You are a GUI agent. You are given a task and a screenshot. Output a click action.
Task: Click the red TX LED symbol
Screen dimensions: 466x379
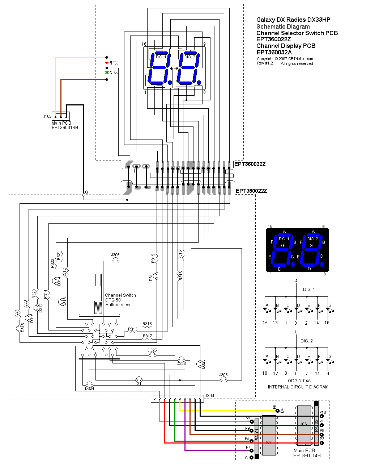[107, 63]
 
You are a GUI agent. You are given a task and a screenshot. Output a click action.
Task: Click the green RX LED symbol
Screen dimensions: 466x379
[107, 72]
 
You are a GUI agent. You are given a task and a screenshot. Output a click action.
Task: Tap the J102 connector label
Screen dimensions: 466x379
[47, 117]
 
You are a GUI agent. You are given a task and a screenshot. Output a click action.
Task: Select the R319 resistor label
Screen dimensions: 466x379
[153, 258]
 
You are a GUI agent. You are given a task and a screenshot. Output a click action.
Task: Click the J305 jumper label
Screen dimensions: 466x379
[115, 255]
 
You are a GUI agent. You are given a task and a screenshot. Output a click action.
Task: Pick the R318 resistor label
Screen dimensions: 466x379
[147, 324]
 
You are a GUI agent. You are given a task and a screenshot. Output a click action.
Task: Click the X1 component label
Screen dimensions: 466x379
[139, 384]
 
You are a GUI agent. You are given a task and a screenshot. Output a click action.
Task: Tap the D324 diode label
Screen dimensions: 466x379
[89, 388]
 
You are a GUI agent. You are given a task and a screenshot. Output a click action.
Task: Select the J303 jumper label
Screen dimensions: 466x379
[223, 375]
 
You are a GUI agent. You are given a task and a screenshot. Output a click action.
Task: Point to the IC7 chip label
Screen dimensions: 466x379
[269, 442]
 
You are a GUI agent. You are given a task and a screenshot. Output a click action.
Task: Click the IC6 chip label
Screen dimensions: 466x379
[304, 424]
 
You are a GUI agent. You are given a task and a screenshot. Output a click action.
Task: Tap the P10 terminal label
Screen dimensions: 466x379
[323, 412]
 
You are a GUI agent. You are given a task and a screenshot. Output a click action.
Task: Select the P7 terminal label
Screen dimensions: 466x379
[248, 448]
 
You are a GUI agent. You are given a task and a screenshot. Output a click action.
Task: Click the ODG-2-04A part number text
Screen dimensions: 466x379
[299, 381]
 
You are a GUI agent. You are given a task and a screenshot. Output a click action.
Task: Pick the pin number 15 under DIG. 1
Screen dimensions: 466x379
[265, 323]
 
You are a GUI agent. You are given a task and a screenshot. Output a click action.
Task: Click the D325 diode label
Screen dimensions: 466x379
[152, 350]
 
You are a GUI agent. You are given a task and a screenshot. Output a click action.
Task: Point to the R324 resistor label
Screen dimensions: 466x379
[16, 314]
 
